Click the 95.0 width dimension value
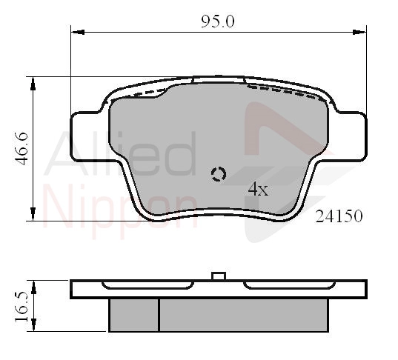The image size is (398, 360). pyautogui.click(x=218, y=21)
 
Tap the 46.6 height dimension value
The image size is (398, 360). pyautogui.click(x=21, y=149)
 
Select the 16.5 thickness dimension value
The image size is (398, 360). pyautogui.click(x=21, y=307)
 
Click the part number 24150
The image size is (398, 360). pyautogui.click(x=339, y=216)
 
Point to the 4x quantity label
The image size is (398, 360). pyautogui.click(x=258, y=189)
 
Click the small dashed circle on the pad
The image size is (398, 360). pyautogui.click(x=219, y=174)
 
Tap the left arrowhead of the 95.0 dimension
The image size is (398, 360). pyautogui.click(x=78, y=32)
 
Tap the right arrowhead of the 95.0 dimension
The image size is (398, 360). pyautogui.click(x=359, y=32)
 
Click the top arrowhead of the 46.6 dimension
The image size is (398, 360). pyautogui.click(x=33, y=84)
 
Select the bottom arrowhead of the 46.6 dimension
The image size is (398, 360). pyautogui.click(x=33, y=213)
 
